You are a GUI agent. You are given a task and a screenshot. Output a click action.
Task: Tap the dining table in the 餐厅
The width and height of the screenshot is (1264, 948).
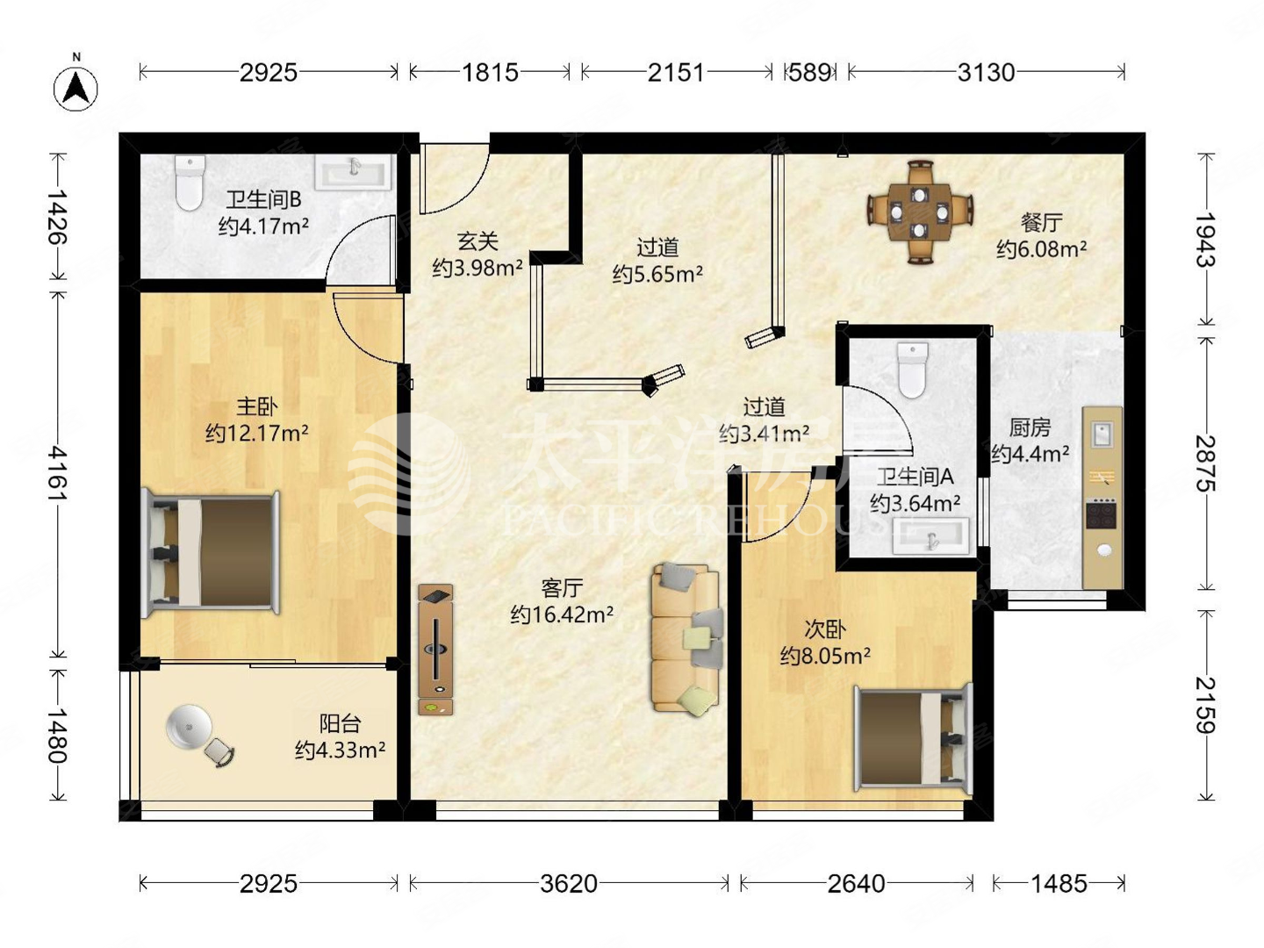coord(920,212)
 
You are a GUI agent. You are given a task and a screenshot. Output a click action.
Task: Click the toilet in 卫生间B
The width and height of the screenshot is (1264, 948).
coord(190,183)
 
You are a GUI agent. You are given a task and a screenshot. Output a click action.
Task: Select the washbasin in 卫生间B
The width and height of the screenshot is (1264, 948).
coord(354,171)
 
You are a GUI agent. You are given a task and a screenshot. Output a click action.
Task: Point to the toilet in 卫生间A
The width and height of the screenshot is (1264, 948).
coord(912,370)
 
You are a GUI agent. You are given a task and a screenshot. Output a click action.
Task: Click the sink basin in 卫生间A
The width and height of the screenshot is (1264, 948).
coord(931,535)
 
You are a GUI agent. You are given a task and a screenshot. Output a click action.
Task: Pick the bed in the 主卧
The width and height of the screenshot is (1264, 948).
coord(211,554)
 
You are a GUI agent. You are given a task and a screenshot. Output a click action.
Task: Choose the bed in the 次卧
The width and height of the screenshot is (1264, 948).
coord(914,738)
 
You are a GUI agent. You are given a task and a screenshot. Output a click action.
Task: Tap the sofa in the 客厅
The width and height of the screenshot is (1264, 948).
coord(686,640)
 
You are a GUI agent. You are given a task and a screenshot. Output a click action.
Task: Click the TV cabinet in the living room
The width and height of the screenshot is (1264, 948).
coord(435,650)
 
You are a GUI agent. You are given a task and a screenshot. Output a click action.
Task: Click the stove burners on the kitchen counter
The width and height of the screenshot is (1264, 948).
coord(1101,514)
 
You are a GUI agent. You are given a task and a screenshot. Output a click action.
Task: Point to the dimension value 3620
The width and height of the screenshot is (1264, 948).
coord(569,884)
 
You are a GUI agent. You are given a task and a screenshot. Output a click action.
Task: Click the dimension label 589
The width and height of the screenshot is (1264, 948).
coord(809,73)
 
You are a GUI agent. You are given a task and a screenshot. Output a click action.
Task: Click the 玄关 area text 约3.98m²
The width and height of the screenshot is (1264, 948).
coord(478,268)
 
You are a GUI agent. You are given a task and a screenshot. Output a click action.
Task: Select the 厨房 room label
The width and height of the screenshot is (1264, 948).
coord(1030,427)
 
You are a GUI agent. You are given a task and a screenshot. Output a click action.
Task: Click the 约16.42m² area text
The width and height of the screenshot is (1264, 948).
coord(562,614)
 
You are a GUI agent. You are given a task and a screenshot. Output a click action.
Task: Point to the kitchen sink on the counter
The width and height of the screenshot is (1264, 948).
coord(1101,434)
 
